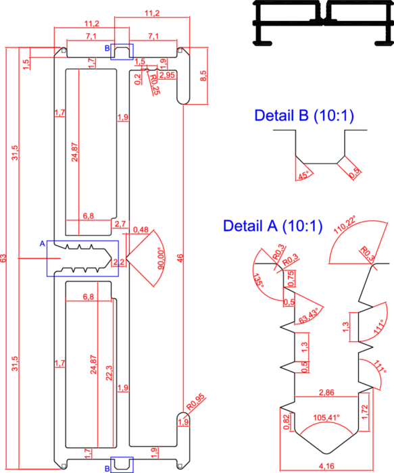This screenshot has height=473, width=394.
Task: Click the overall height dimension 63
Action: tap(3, 258)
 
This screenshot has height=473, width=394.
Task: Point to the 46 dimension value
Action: tap(180, 258)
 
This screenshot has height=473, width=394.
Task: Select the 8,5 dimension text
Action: tap(203, 76)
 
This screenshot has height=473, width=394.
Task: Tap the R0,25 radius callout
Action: tap(155, 84)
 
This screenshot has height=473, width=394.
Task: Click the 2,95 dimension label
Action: tap(167, 75)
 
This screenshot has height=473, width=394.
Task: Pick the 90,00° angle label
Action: tap(162, 258)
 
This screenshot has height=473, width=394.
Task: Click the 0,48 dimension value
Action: tap(141, 230)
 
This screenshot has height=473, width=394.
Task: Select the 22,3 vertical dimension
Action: tap(109, 373)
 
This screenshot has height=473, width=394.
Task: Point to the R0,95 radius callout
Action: tap(195, 402)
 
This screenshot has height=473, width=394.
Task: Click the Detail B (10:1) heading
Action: tap(304, 116)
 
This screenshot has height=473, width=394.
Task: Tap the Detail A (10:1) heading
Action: tap(273, 226)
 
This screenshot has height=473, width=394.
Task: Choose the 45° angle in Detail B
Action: tap(303, 175)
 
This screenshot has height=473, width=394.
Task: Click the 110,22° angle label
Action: tap(345, 225)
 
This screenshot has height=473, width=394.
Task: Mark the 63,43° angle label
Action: tap(308, 316)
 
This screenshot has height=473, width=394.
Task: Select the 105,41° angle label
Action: tap(326, 418)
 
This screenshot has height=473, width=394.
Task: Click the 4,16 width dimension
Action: tap(326, 466)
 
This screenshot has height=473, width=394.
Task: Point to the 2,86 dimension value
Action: tap(326, 392)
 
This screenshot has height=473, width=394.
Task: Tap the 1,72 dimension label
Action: tap(365, 412)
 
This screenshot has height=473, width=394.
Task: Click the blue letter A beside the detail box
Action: tap(42, 243)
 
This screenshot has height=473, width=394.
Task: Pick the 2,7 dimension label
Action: tap(120, 224)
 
